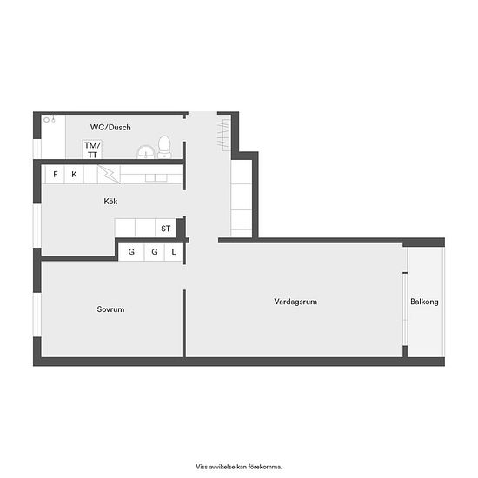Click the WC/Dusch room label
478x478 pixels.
coord(110,127)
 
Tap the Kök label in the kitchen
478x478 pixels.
coord(110,202)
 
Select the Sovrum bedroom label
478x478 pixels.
coord(110,309)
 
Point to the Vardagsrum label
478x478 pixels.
coord(295,302)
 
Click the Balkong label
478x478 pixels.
coord(424,302)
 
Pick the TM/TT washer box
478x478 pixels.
coord(92,149)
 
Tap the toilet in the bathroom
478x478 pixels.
coord(164,147)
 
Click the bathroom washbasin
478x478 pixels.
coord(146,152)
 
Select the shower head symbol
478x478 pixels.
coord(50,118)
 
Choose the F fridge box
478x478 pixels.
coord(55,175)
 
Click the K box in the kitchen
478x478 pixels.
coord(74,175)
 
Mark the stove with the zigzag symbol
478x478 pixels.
coord(110,175)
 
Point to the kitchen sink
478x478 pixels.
coord(156,177)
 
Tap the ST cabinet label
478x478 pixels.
coord(165,229)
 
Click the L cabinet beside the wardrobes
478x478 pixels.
coord(174,252)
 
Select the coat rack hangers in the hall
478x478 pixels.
coord(223,135)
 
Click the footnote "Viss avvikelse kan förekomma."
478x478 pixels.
coord(239,467)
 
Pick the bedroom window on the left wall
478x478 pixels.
coord(37,315)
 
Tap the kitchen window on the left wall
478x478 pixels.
coord(37,225)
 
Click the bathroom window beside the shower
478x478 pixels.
coord(37,149)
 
